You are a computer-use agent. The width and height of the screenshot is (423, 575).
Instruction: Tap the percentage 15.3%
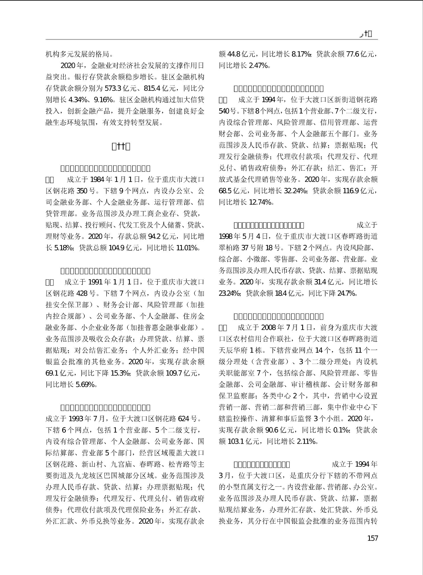(120, 373)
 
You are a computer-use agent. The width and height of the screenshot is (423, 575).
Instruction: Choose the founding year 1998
(226, 236)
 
